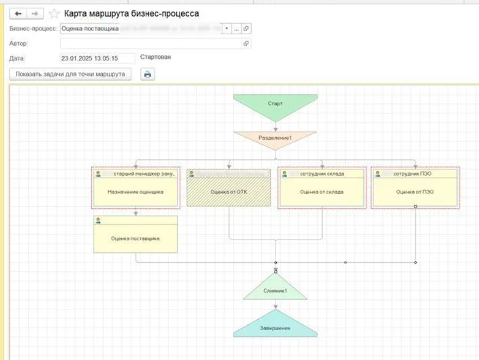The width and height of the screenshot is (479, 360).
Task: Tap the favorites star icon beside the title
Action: point(54,14)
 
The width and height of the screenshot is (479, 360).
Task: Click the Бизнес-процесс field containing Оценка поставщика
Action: point(141,28)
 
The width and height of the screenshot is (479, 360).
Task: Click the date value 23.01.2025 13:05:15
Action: point(90,58)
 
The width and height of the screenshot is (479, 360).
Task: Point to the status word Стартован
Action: point(155,57)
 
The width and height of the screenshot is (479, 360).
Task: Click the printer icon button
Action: point(147,75)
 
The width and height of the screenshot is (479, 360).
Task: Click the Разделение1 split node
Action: point(275,138)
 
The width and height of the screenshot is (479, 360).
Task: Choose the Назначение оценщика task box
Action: point(135,191)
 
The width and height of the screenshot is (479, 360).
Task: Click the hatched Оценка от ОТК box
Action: point(228,191)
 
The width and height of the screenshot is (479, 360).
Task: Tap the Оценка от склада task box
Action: point(322,191)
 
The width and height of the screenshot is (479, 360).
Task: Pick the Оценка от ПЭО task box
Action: point(415,191)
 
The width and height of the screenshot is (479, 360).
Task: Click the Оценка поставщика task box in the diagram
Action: point(135,238)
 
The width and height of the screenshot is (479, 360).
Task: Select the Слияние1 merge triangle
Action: point(275,290)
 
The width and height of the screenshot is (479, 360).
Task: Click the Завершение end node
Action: point(275,326)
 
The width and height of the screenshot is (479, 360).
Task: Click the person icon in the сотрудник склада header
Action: point(284,173)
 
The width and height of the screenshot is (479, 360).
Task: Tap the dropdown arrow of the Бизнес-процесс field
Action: point(226,28)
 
